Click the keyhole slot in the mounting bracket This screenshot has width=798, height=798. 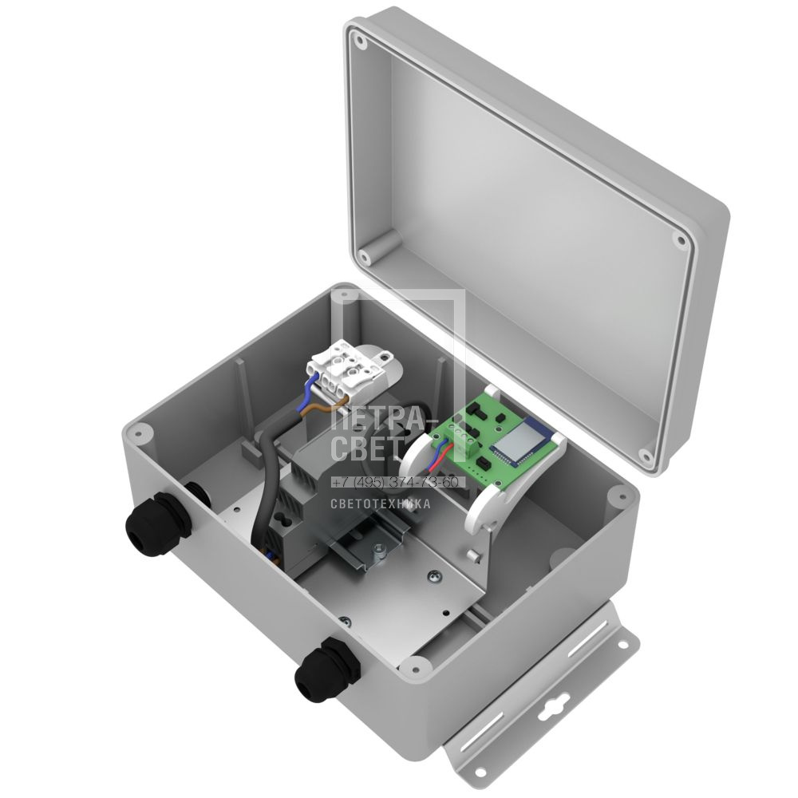[x=551, y=706]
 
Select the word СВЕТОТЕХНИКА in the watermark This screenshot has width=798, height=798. [x=381, y=504]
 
